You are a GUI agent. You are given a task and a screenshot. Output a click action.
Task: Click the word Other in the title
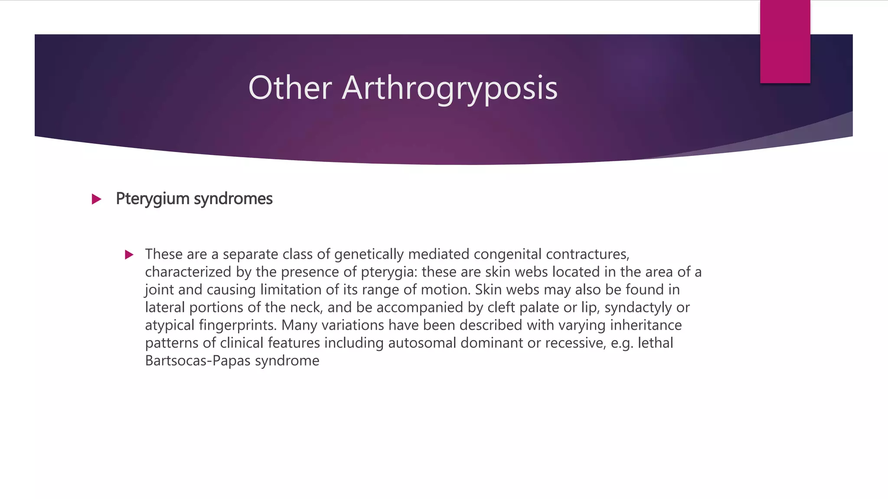290,88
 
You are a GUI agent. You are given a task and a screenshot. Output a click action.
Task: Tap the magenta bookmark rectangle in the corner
785,41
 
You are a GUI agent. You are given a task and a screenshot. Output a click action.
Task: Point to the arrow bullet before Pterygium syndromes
97,199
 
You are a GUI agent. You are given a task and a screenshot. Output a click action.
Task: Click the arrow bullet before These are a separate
129,255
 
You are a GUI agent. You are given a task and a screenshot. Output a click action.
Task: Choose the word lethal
655,343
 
